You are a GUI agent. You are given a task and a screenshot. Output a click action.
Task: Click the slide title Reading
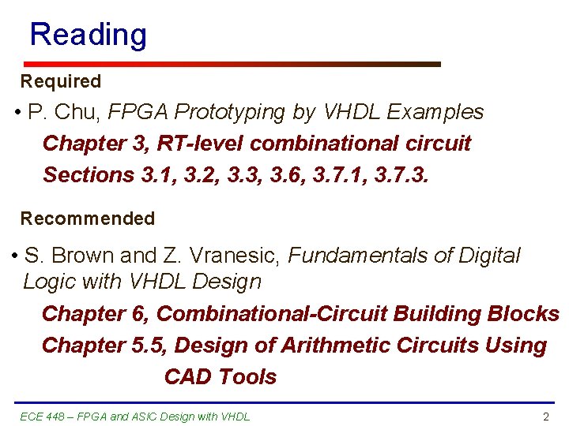(88, 35)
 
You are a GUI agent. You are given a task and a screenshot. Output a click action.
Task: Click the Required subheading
(61, 81)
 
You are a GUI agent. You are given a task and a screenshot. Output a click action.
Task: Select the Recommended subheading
(87, 219)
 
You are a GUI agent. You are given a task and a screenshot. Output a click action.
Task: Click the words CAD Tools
(220, 377)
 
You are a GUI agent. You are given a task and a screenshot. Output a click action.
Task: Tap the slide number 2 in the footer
(545, 417)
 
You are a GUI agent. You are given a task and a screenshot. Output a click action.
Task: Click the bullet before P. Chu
(17, 113)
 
